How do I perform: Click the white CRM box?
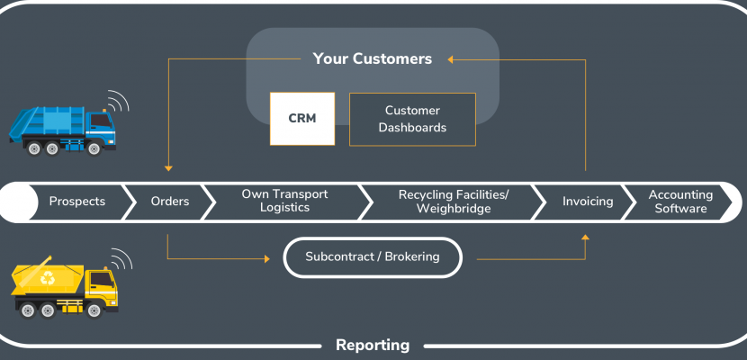(x=302, y=119)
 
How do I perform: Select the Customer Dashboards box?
(x=412, y=119)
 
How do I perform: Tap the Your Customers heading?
(x=372, y=58)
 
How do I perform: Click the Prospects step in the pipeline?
(x=77, y=202)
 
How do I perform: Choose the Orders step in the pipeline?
(x=169, y=202)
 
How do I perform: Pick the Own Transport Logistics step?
(x=285, y=201)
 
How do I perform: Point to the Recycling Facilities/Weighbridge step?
(x=454, y=202)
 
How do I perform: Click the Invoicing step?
(x=588, y=202)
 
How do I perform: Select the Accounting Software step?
(x=680, y=202)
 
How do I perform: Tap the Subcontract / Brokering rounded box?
(x=373, y=257)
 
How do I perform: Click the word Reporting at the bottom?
(x=373, y=345)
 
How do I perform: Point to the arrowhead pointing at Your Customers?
(x=450, y=59)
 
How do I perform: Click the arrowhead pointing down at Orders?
(x=168, y=168)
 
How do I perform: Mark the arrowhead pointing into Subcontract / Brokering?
(x=267, y=259)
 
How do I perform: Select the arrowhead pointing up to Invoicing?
(x=586, y=237)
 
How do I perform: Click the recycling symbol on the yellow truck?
(x=47, y=277)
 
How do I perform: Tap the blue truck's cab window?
(x=101, y=120)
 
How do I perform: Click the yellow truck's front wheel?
(x=94, y=310)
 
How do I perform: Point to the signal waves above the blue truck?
(x=117, y=101)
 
